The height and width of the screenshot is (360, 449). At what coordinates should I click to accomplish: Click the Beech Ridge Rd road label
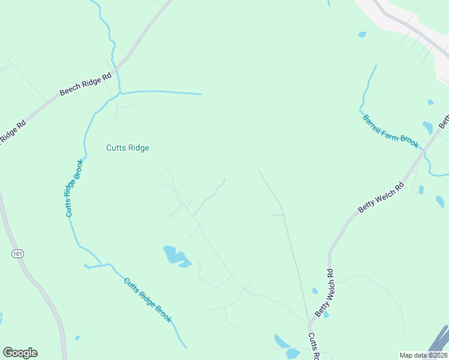point(86,85)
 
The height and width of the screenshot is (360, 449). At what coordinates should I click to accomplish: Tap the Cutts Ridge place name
point(127,148)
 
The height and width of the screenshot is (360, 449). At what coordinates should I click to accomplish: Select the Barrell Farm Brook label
point(390,131)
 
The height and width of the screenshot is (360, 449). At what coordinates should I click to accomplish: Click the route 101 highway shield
point(17,254)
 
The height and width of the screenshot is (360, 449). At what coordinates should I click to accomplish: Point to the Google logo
point(20,353)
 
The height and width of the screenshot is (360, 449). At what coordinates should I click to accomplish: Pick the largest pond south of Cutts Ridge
point(176,256)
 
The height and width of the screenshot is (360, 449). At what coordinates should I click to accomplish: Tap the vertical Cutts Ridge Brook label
point(73,188)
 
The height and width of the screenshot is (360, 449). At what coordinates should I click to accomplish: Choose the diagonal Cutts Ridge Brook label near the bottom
point(148,300)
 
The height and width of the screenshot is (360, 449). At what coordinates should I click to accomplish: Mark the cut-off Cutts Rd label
point(313,346)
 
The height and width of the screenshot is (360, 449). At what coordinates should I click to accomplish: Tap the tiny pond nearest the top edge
point(362,35)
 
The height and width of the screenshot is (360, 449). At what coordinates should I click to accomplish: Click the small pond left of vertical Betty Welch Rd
point(315,291)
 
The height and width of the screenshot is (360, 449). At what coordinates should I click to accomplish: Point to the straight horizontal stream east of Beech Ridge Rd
point(162,92)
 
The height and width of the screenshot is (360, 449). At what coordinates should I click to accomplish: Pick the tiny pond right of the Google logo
point(77,338)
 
